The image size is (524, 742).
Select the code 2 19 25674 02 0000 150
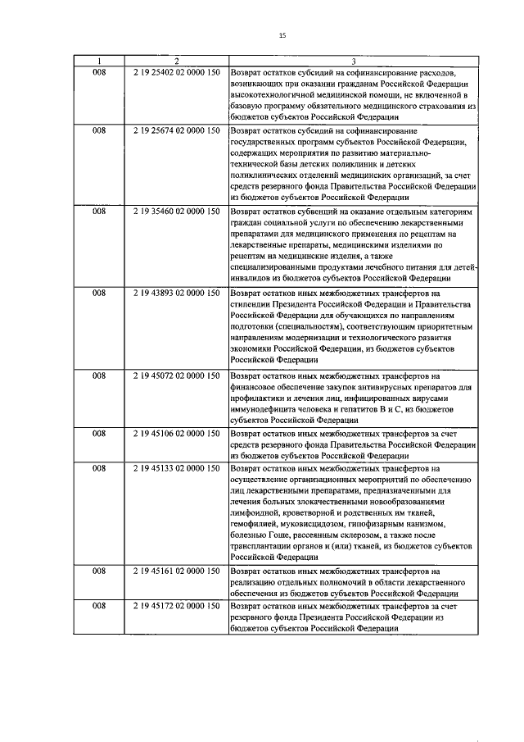[x=175, y=130]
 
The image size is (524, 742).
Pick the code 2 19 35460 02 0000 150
[x=175, y=212]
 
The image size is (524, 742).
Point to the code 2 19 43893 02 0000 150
[x=175, y=293]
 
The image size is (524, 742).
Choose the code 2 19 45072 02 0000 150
[x=175, y=375]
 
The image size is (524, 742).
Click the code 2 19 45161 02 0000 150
[x=175, y=570]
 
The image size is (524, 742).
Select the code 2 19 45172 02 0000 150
[x=175, y=605]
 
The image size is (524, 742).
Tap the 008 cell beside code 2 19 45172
[x=98, y=605]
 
